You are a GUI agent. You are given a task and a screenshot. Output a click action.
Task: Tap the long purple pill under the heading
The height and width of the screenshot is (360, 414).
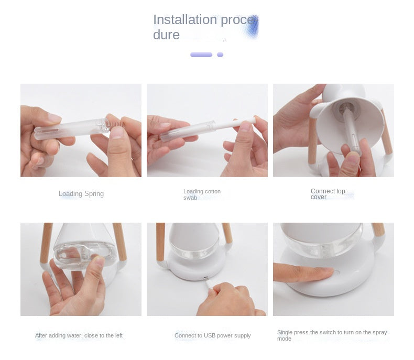(x=201, y=54)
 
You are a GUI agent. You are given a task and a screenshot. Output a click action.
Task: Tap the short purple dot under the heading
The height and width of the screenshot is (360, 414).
(x=220, y=54)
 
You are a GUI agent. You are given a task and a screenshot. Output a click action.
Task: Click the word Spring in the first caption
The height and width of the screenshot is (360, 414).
(x=94, y=194)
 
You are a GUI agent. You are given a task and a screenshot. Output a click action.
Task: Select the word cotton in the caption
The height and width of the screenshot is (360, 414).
(x=213, y=191)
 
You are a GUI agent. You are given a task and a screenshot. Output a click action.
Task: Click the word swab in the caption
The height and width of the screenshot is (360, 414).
(x=190, y=198)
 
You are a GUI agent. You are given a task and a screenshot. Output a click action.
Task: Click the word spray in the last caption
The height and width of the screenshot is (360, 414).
(x=379, y=333)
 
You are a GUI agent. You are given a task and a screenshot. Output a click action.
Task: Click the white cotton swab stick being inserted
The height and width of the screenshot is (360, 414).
(x=234, y=124)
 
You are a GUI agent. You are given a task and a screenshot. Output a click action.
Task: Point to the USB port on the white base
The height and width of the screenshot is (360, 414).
(x=205, y=278)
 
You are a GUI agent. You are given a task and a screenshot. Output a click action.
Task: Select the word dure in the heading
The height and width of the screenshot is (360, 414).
(x=166, y=35)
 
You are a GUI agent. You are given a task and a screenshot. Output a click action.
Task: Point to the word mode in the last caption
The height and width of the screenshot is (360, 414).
(x=284, y=339)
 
